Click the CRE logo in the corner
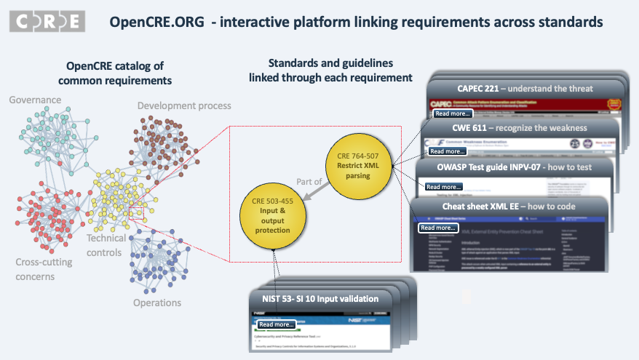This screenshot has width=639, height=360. [47, 21]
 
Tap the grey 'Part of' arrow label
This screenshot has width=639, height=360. [309, 181]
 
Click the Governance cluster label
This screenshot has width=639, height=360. [33, 100]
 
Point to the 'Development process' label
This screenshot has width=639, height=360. [184, 106]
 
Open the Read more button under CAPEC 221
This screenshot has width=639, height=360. [452, 113]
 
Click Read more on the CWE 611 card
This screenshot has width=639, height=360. [448, 151]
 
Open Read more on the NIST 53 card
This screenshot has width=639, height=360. [277, 324]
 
